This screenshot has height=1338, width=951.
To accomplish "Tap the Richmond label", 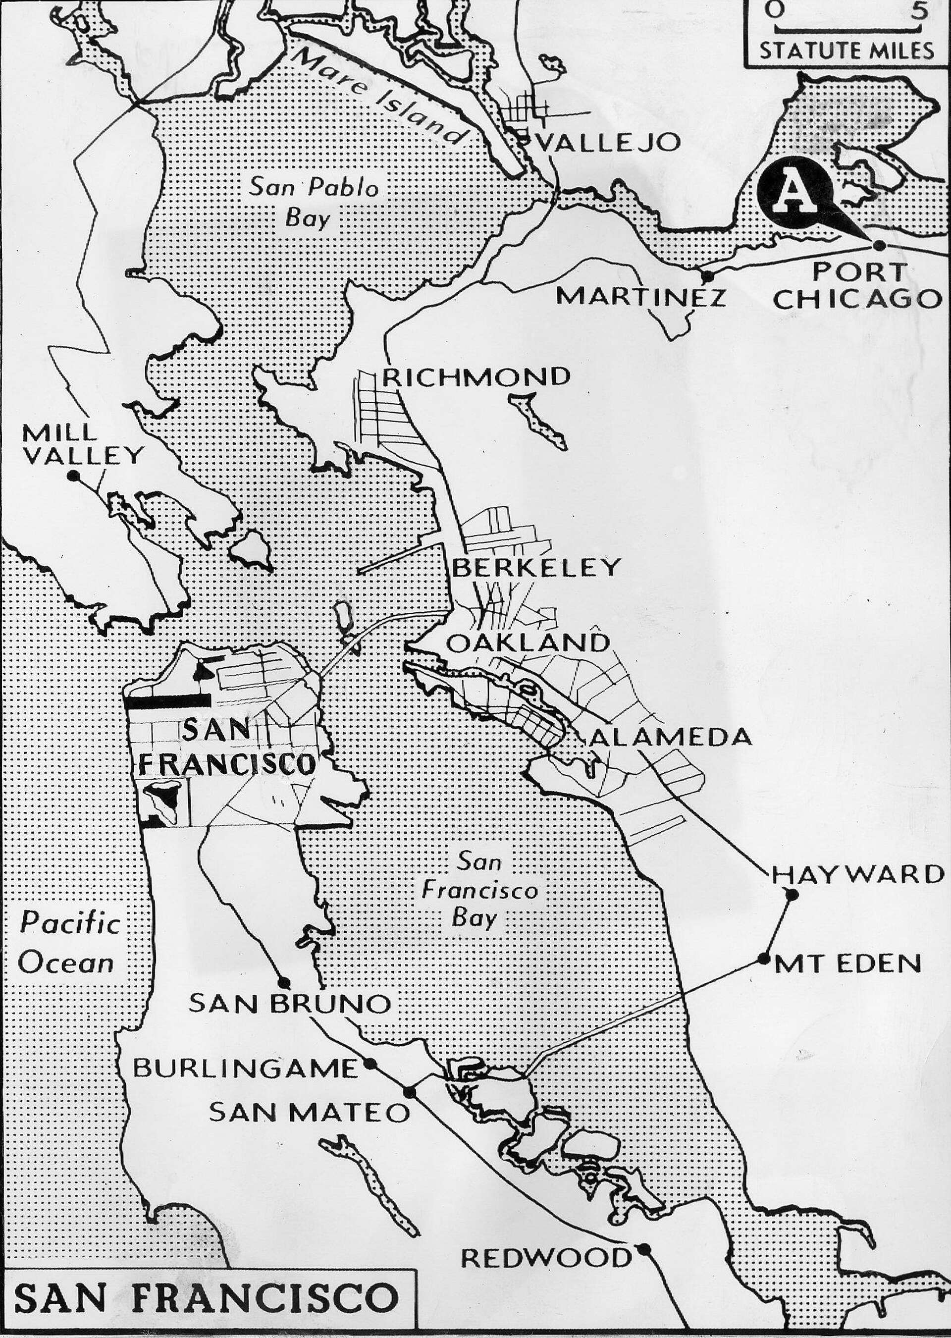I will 476,377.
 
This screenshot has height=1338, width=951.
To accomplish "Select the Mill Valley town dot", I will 74,476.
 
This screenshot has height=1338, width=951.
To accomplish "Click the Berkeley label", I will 536,567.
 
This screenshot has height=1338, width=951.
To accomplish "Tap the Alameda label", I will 671,737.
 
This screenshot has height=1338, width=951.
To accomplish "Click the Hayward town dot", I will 792,894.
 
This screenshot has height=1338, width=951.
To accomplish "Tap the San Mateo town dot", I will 410,1091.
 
